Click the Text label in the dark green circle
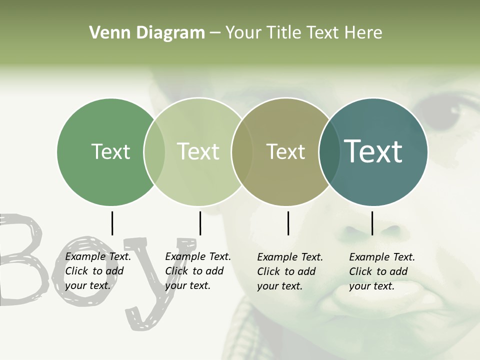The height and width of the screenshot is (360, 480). coord(110,151)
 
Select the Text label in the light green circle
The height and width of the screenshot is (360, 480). coord(198,151)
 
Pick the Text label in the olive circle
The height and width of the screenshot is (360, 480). coord(285,151)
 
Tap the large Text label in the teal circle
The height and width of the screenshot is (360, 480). coord(373,151)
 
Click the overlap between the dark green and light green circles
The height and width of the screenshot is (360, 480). coord(154,151)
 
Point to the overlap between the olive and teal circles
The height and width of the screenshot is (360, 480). coord(329,151)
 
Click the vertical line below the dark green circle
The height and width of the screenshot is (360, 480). coord(112,223)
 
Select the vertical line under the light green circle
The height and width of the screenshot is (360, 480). coord(200,223)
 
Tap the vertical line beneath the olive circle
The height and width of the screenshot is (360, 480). coord(288,223)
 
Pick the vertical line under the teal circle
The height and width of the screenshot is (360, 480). coord(372,223)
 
